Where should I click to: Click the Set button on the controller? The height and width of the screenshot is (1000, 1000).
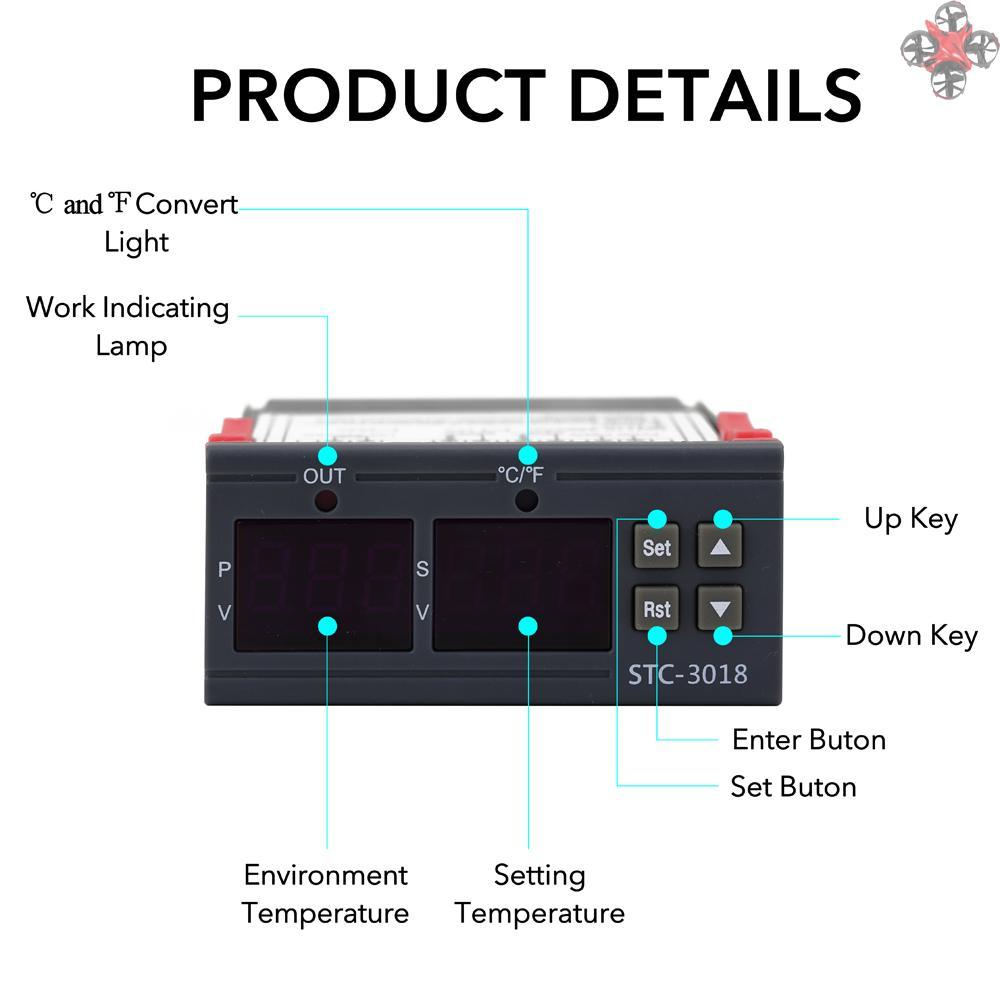pyautogui.click(x=657, y=547)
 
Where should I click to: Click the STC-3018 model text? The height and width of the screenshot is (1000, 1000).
pyautogui.click(x=687, y=673)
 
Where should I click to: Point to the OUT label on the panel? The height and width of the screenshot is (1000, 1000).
pyautogui.click(x=324, y=476)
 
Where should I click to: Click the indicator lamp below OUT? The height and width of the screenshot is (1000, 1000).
pyautogui.click(x=325, y=500)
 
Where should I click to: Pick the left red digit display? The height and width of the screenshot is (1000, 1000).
pyautogui.click(x=324, y=584)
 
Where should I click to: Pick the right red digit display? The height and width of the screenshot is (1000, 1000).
pyautogui.click(x=523, y=584)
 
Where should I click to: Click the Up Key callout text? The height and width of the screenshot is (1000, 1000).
pyautogui.click(x=910, y=519)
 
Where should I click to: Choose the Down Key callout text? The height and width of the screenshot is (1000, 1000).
pyautogui.click(x=911, y=635)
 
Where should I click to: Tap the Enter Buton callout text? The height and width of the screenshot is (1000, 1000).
pyautogui.click(x=808, y=740)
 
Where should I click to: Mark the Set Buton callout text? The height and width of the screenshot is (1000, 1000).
pyautogui.click(x=793, y=786)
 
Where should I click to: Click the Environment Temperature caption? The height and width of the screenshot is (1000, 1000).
pyautogui.click(x=326, y=894)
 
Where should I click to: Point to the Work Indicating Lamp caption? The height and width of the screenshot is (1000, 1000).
pyautogui.click(x=128, y=326)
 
